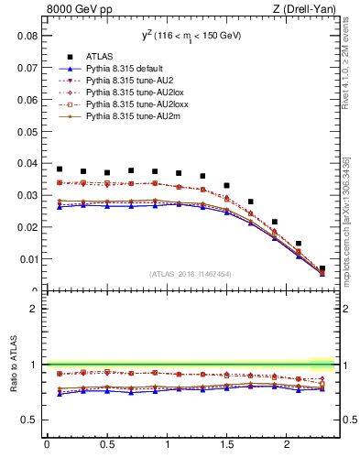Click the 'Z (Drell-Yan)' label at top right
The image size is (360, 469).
point(308,10)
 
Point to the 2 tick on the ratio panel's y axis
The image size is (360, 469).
point(35,309)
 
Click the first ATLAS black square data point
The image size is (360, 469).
point(60,169)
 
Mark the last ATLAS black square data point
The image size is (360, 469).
point(322,268)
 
